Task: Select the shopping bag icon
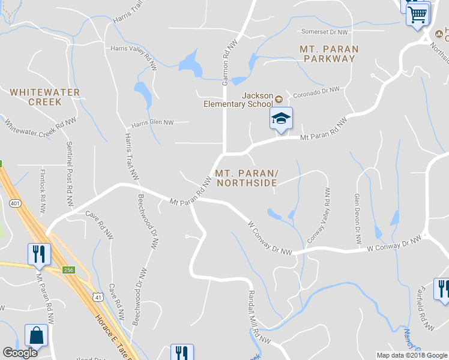(36, 336)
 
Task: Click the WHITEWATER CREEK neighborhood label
(45, 97)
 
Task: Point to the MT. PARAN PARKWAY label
(330, 53)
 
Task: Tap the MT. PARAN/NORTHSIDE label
(246, 178)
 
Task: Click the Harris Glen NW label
(152, 122)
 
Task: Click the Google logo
(20, 352)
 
